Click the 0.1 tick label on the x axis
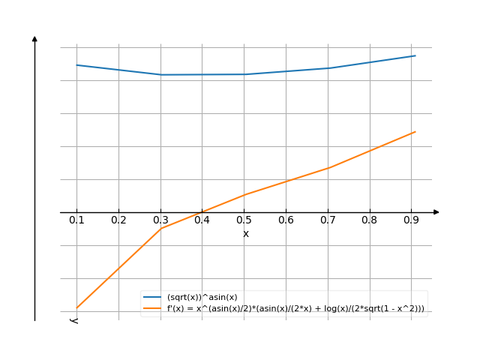click(x=76, y=220)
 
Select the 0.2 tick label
click(x=118, y=220)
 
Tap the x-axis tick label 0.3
click(x=160, y=220)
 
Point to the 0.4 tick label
click(x=202, y=220)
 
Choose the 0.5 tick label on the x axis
click(x=244, y=220)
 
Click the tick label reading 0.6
click(x=286, y=220)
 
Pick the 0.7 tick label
click(x=328, y=220)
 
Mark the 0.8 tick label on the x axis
click(x=370, y=220)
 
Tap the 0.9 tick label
click(x=411, y=220)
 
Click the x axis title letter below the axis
click(x=245, y=234)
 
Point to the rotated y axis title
click(x=74, y=320)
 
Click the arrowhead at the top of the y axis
click(x=34, y=38)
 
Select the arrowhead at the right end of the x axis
click(x=436, y=212)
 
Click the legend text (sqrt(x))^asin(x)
click(x=202, y=298)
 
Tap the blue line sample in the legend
click(x=153, y=298)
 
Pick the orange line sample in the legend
click(x=153, y=308)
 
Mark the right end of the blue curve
click(x=415, y=55)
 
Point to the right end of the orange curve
click(x=415, y=131)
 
